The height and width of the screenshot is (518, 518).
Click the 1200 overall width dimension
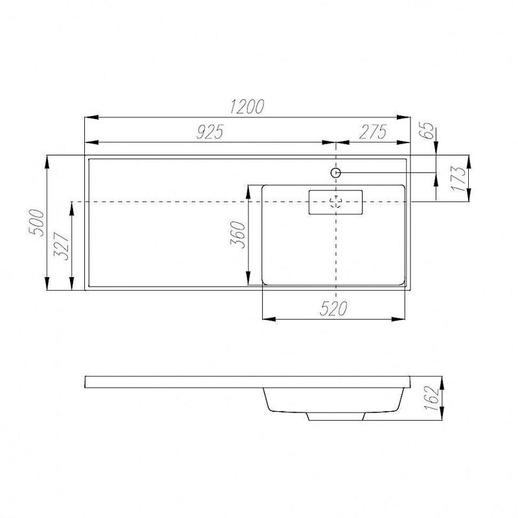[247, 106]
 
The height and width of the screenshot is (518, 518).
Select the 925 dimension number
[210, 132]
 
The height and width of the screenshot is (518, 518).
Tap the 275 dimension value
[373, 132]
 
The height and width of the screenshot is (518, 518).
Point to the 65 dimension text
[426, 131]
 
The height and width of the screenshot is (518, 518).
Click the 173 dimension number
[458, 179]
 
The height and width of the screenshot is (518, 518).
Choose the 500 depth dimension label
[36, 223]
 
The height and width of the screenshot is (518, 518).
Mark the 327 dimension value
[62, 247]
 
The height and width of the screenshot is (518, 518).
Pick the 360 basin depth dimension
[238, 234]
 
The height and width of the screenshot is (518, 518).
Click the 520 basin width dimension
[333, 309]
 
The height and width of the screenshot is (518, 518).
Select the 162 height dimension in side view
[431, 398]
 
